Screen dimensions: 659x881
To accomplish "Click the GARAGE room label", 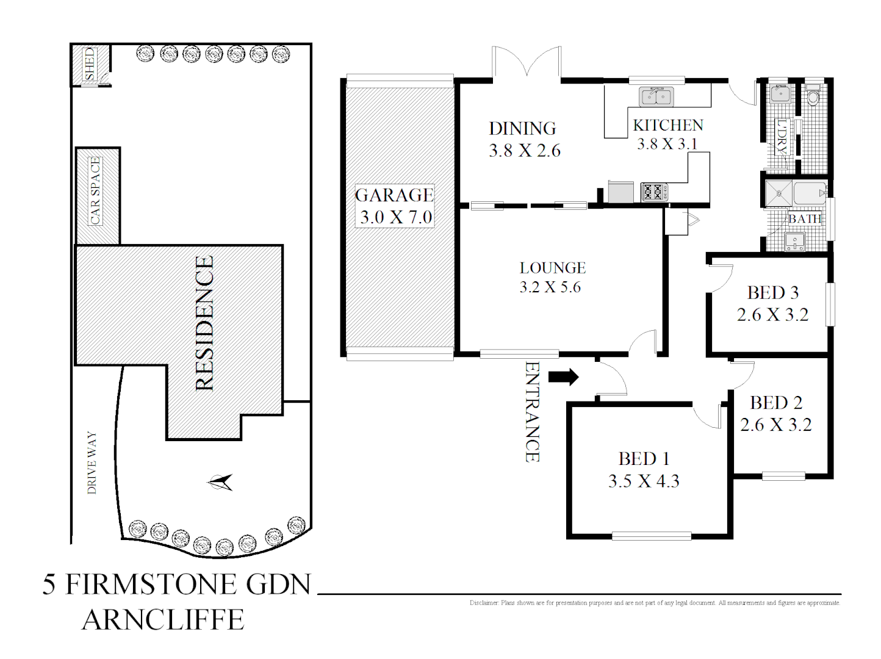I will point(394,195).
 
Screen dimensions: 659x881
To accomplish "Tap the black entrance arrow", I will point(563,377).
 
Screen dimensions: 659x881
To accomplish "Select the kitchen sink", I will point(656,96).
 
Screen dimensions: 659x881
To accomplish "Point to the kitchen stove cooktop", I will point(654,192).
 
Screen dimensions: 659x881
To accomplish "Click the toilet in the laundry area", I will point(813,97).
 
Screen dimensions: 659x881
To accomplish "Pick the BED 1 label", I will point(644,458).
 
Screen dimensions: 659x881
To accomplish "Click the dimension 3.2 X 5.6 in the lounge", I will point(550,287).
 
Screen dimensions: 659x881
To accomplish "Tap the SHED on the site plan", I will point(90,64).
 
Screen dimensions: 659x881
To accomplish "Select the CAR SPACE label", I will point(95,191).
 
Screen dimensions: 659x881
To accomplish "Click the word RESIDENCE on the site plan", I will point(204,323).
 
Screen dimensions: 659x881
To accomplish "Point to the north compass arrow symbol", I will point(220,483).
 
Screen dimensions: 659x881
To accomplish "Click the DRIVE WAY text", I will point(92,463).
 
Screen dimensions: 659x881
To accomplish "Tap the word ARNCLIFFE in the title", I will point(163,620).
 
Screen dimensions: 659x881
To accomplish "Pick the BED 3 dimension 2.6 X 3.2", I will point(772,315).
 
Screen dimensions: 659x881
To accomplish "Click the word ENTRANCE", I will point(532,412).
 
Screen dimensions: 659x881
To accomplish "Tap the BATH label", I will point(804,218).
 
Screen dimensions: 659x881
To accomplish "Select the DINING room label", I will point(522,129).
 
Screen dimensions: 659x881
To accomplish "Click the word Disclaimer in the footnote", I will point(484,603).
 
